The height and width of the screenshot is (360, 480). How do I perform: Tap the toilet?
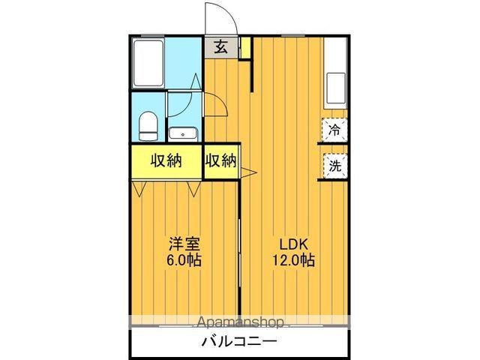click(148, 124)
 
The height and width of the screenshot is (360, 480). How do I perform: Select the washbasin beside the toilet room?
click(182, 134)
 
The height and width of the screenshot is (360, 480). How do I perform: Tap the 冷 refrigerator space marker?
click(334, 129)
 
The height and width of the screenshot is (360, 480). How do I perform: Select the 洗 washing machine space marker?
click(334, 166)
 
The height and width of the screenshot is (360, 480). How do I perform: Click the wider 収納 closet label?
click(167, 160)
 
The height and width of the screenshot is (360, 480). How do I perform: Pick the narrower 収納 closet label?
click(221, 160)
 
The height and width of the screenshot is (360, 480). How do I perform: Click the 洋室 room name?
click(184, 244)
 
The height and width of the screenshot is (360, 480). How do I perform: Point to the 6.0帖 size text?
click(184, 261)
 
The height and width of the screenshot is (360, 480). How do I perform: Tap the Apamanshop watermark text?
click(240, 322)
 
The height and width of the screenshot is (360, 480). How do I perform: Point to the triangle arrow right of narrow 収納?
click(248, 174)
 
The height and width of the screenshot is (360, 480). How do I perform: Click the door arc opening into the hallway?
click(217, 105)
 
